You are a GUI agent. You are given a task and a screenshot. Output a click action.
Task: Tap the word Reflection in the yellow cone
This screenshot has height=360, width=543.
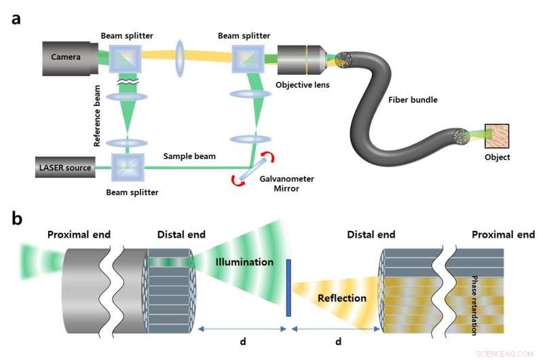(x=342, y=298)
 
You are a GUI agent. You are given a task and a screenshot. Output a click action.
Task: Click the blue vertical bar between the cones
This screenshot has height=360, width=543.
(x=288, y=287)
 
